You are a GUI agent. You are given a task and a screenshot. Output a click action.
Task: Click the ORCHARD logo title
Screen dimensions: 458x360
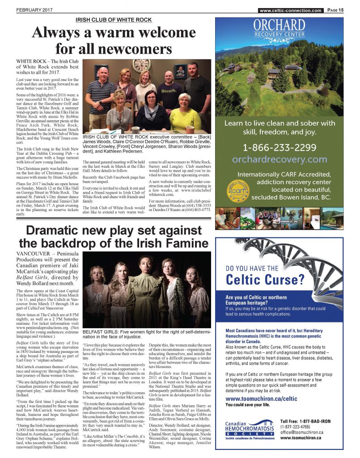pyautogui.click(x=279, y=25)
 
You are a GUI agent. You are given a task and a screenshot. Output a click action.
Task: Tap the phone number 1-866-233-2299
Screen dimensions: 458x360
pyautogui.click(x=280, y=148)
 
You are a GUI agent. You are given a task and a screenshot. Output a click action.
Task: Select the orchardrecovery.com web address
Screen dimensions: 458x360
pyautogui.click(x=280, y=159)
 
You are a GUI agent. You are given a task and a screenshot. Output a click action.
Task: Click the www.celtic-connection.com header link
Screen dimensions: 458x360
pyautogui.click(x=290, y=10)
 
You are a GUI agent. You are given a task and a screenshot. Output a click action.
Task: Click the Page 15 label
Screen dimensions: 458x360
pyautogui.click(x=335, y=10)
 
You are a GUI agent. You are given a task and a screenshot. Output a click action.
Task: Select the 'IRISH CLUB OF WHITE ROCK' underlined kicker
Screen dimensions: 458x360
pyautogui.click(x=114, y=20)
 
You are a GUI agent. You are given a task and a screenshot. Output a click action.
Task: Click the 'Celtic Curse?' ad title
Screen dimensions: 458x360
pyautogui.click(x=265, y=280)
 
